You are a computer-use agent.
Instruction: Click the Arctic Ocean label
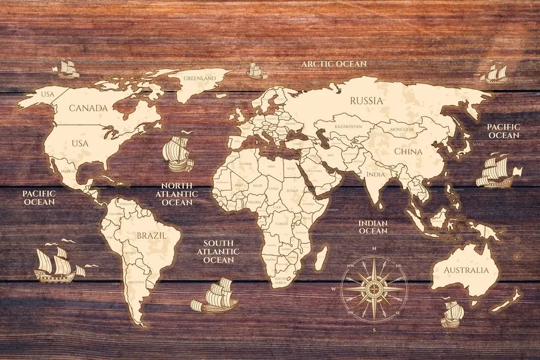334,64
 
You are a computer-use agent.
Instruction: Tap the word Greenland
199,78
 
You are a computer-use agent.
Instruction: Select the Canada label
88,108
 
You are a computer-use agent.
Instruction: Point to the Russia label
366,100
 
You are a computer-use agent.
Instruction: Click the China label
408,152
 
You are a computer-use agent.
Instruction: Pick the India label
375,175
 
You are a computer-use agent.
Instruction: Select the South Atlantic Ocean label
218,252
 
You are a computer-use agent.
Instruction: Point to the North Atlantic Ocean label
177,194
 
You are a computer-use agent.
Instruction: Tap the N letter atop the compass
374,248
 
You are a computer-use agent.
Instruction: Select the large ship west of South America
57,266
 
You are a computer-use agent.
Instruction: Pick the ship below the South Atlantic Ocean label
215,296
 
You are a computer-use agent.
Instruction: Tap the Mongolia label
402,130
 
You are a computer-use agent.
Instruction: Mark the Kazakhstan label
348,126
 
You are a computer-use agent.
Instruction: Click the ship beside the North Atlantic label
178,153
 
